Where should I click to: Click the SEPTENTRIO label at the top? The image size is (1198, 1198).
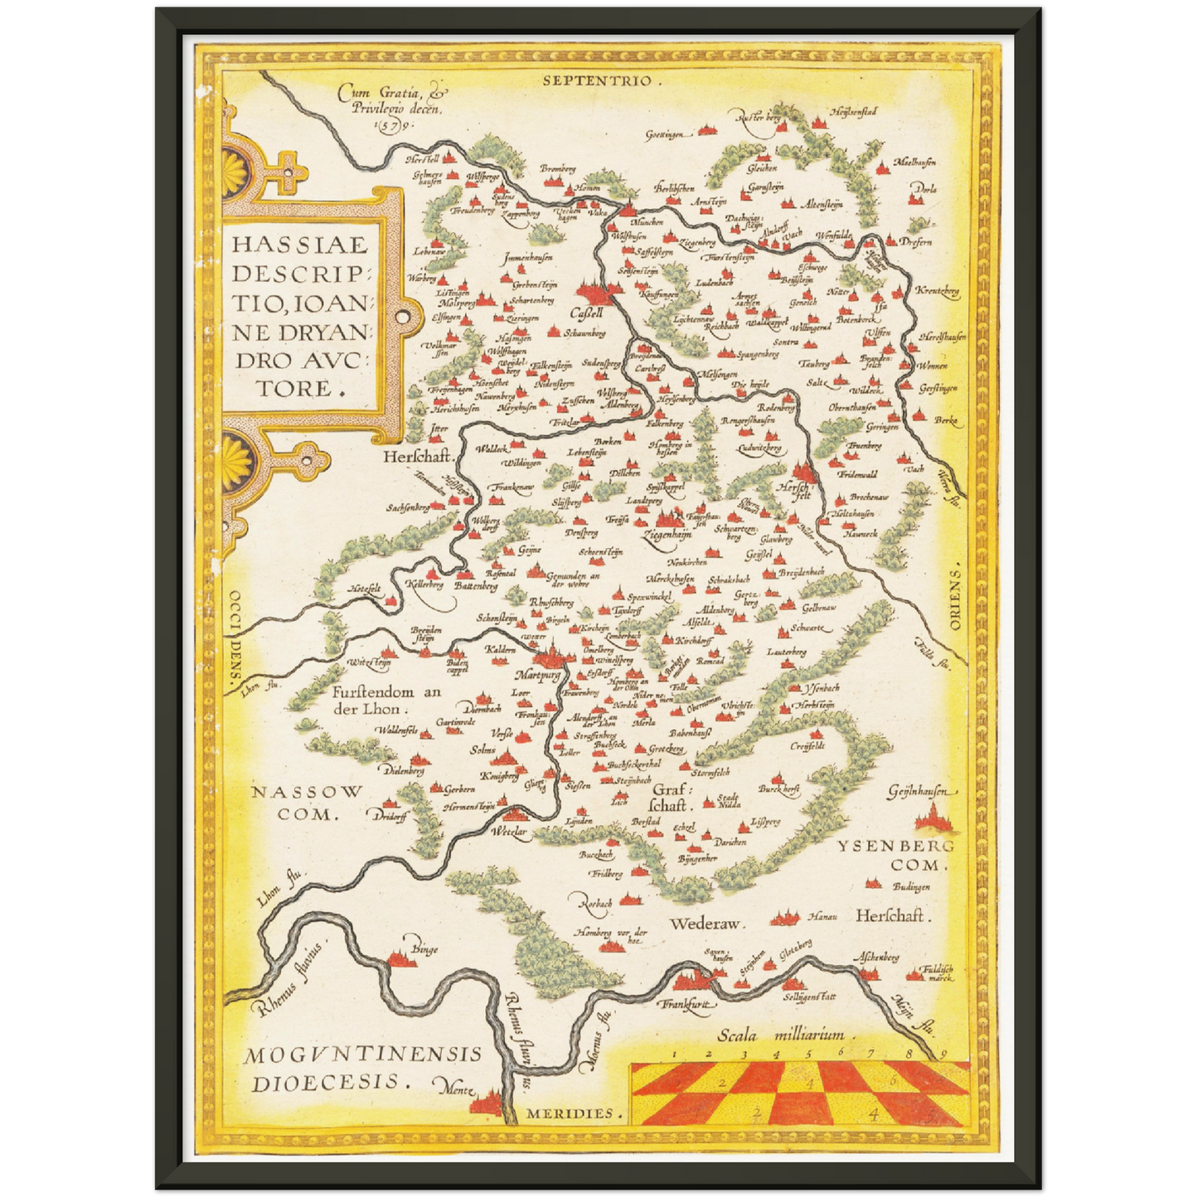(x=598, y=80)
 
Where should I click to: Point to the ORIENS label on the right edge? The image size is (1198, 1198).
(x=955, y=599)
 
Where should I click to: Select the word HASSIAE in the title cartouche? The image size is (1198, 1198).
(x=299, y=245)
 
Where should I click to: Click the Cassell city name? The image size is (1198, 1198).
(x=586, y=314)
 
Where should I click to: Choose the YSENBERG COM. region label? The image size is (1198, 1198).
(x=895, y=855)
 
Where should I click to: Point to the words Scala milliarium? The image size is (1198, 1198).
(x=781, y=1034)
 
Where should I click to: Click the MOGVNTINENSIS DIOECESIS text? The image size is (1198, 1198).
(x=362, y=1068)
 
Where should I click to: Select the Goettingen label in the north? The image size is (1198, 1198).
(x=667, y=133)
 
